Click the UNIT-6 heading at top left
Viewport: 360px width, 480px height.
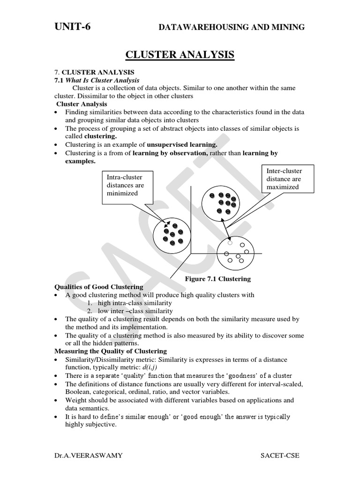[x=73, y=27]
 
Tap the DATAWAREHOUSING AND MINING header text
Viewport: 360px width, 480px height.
[x=232, y=28]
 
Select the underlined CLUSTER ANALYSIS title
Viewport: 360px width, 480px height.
[x=180, y=55]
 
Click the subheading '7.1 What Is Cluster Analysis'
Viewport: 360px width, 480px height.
[x=97, y=80]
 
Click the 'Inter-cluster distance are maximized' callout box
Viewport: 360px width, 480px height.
[x=284, y=179]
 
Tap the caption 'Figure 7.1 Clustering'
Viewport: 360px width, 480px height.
[x=217, y=279]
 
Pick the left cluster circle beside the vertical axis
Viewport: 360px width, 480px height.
[x=172, y=234]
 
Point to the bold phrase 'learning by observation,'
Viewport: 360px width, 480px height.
[x=170, y=153]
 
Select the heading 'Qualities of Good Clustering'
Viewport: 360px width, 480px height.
[x=99, y=287]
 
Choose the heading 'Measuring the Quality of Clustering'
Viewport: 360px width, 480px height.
[x=111, y=351]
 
